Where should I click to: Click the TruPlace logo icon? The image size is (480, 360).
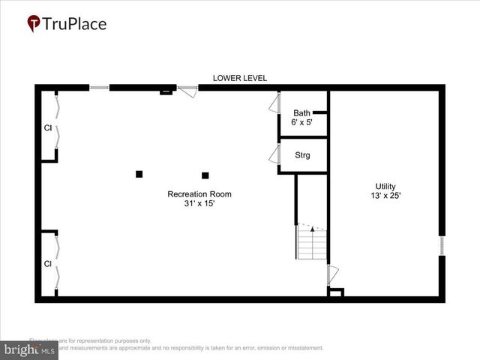(34, 24)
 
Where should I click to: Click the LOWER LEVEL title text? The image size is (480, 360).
(240, 78)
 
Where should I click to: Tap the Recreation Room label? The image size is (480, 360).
(199, 194)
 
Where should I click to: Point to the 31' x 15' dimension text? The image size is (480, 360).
(199, 204)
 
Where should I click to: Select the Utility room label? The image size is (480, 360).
(385, 187)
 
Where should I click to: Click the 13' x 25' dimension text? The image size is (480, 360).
(385, 196)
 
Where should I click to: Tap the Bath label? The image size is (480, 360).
(301, 113)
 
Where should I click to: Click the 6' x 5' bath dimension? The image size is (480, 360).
(301, 122)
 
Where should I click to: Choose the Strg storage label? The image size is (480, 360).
(302, 156)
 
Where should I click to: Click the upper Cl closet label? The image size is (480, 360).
(47, 127)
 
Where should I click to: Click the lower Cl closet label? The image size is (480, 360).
(47, 264)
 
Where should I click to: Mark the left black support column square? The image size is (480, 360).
(139, 174)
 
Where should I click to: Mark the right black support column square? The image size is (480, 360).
(205, 175)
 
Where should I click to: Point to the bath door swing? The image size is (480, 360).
(274, 103)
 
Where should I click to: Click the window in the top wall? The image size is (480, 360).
(99, 88)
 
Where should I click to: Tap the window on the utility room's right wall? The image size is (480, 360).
(442, 246)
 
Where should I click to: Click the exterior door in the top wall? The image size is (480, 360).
(187, 90)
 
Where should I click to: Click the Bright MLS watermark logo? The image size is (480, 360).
(30, 349)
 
